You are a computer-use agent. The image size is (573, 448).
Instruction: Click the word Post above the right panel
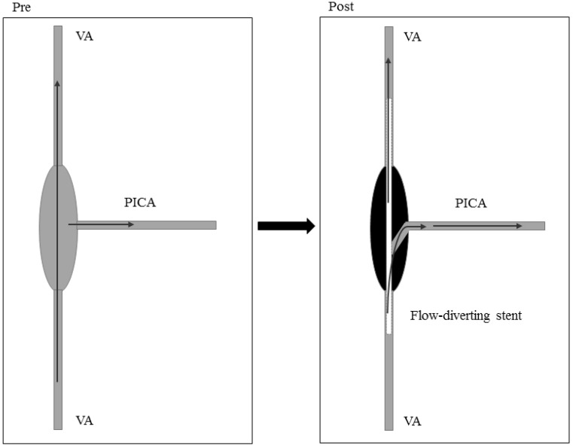[341, 7]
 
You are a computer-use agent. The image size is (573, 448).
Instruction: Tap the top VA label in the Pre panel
[84, 35]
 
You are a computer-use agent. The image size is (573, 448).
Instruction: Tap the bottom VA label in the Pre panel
[84, 419]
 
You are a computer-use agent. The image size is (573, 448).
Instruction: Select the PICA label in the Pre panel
[142, 202]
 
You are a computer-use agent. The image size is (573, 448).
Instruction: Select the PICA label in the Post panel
[471, 203]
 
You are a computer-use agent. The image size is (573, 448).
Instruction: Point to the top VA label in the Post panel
[413, 36]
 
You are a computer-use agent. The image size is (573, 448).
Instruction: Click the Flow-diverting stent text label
[465, 315]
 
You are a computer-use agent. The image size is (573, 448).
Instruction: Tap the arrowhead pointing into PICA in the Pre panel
[130, 224]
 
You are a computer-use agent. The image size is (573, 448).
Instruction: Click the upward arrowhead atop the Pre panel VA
[57, 85]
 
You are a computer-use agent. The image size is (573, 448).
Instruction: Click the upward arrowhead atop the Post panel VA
[389, 62]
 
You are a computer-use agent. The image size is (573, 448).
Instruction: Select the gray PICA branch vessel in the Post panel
[482, 225]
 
